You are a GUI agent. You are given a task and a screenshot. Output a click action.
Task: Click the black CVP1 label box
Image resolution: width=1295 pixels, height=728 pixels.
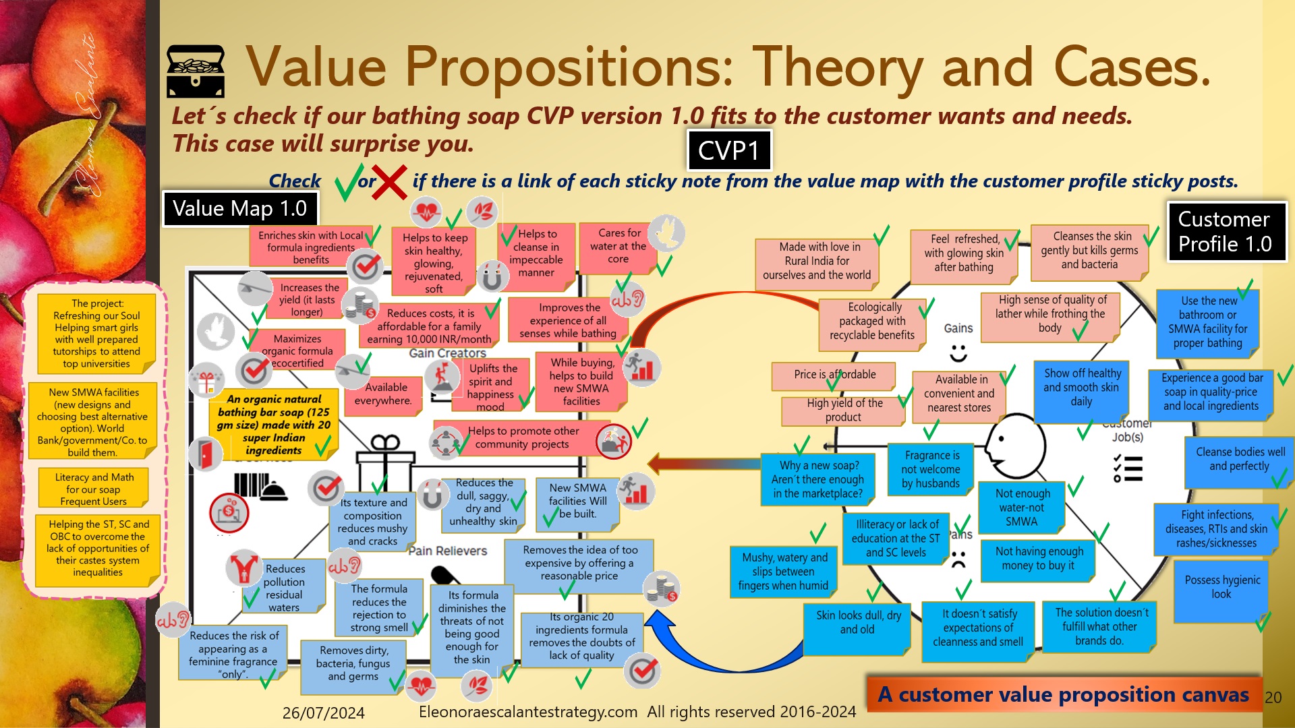tap(728, 150)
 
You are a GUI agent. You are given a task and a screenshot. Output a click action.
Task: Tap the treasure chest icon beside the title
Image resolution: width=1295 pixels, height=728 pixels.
tap(196, 71)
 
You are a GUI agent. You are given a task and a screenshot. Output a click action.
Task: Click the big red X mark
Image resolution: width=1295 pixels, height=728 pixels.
tap(388, 182)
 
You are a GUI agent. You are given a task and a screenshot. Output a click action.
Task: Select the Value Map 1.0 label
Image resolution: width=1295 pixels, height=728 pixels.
tap(239, 209)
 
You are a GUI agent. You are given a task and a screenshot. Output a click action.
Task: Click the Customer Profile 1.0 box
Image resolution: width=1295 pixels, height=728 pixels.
tap(1226, 232)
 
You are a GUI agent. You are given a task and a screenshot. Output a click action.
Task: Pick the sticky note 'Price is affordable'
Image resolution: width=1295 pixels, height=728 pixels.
tap(834, 375)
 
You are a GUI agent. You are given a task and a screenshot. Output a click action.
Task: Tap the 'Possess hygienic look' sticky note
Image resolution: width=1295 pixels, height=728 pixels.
tap(1221, 587)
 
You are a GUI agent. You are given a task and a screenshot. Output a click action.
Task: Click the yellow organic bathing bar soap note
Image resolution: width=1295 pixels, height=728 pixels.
tap(273, 425)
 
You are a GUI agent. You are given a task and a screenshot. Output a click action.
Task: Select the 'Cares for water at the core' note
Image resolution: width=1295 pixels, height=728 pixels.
tap(618, 246)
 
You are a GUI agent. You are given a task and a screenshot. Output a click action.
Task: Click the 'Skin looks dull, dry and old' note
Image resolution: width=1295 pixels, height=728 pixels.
tap(857, 622)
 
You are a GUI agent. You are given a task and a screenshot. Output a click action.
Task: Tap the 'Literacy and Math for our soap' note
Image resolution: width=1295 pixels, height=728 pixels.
tap(94, 489)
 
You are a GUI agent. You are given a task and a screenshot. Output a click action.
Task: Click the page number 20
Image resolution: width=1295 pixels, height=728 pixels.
tap(1273, 698)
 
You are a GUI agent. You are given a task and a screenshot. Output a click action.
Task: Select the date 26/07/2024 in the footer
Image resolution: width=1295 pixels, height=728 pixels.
tap(323, 712)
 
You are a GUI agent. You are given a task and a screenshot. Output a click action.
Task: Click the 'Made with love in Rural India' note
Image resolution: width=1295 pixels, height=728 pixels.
tap(816, 261)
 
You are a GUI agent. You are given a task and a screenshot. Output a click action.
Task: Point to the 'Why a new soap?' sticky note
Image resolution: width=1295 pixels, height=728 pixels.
tap(817, 479)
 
